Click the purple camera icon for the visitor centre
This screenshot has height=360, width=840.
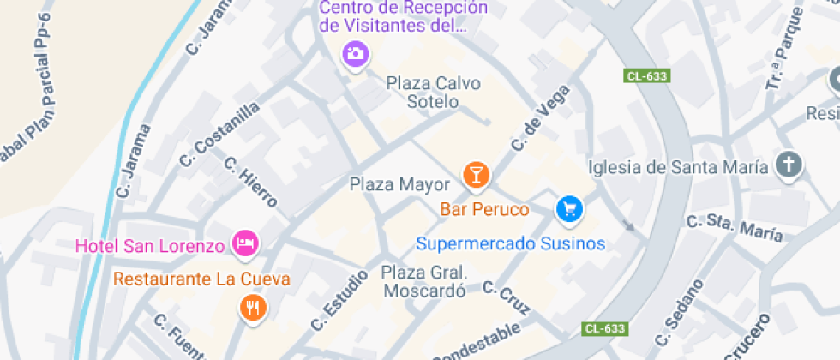355,53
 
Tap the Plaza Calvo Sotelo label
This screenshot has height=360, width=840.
434,93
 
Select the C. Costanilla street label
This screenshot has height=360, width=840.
219,135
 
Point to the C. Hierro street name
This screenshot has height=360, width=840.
250,182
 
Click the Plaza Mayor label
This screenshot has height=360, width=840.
399,184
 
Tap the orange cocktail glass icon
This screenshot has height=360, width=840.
476,175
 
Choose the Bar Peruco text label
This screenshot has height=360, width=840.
484,209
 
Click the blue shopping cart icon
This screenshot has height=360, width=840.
569,207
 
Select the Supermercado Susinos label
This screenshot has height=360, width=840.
511,243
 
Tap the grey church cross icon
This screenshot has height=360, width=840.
789,165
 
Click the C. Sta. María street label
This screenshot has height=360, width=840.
735,228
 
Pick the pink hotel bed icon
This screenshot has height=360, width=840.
246,243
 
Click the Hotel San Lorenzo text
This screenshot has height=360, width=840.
150,247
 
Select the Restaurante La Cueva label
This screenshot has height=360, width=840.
201,279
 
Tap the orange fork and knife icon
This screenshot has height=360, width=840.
252,307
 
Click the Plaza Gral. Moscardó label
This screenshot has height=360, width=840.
423,281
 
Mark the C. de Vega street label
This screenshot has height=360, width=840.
541,118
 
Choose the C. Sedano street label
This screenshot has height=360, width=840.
679,312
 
